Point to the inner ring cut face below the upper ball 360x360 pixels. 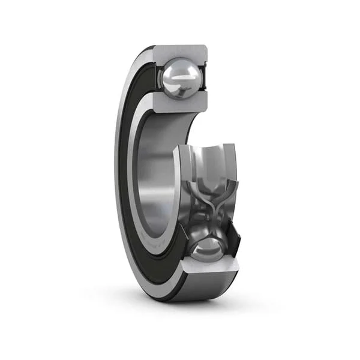179,102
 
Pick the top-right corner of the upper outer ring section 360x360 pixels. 206,47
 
